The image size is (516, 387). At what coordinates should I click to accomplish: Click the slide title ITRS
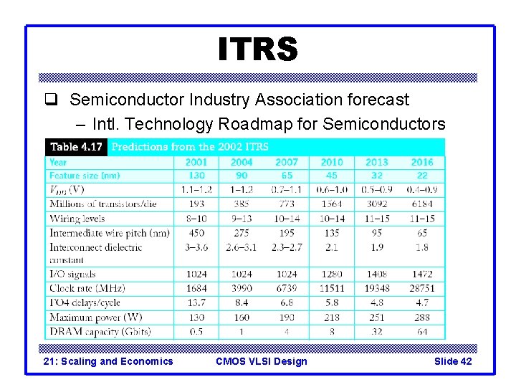(258, 49)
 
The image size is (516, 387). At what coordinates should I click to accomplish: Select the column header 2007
(287, 162)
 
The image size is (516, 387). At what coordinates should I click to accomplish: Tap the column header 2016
(422, 162)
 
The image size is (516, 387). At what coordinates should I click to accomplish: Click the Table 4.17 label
(76, 147)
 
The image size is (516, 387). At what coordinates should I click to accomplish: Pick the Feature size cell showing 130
(196, 176)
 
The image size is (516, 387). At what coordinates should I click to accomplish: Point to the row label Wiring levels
(77, 219)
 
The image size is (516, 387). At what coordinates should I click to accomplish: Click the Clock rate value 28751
(422, 288)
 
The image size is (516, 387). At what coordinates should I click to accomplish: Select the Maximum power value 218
(332, 317)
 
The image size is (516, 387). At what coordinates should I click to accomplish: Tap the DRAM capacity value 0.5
(196, 332)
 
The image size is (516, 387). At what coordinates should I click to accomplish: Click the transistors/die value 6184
(422, 204)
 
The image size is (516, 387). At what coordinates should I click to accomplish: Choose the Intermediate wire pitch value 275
(242, 233)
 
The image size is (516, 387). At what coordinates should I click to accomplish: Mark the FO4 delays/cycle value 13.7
(196, 302)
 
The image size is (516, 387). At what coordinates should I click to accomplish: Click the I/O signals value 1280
(332, 274)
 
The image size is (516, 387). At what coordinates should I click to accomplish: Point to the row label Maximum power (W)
(96, 317)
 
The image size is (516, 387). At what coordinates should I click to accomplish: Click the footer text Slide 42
(453, 361)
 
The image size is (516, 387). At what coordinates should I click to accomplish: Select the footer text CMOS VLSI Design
(261, 361)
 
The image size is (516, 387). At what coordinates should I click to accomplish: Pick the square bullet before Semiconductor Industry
(57, 100)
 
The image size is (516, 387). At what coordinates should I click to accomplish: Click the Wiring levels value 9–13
(242, 219)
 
